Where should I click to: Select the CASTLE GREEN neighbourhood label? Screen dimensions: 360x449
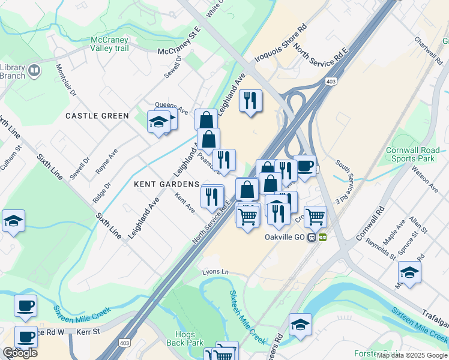97,116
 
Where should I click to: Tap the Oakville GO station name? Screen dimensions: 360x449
285,237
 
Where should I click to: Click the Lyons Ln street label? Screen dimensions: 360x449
215,272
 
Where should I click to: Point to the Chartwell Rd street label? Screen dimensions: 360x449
427,50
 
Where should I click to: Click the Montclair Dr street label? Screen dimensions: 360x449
65,85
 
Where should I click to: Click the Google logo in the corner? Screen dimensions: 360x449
20,353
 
